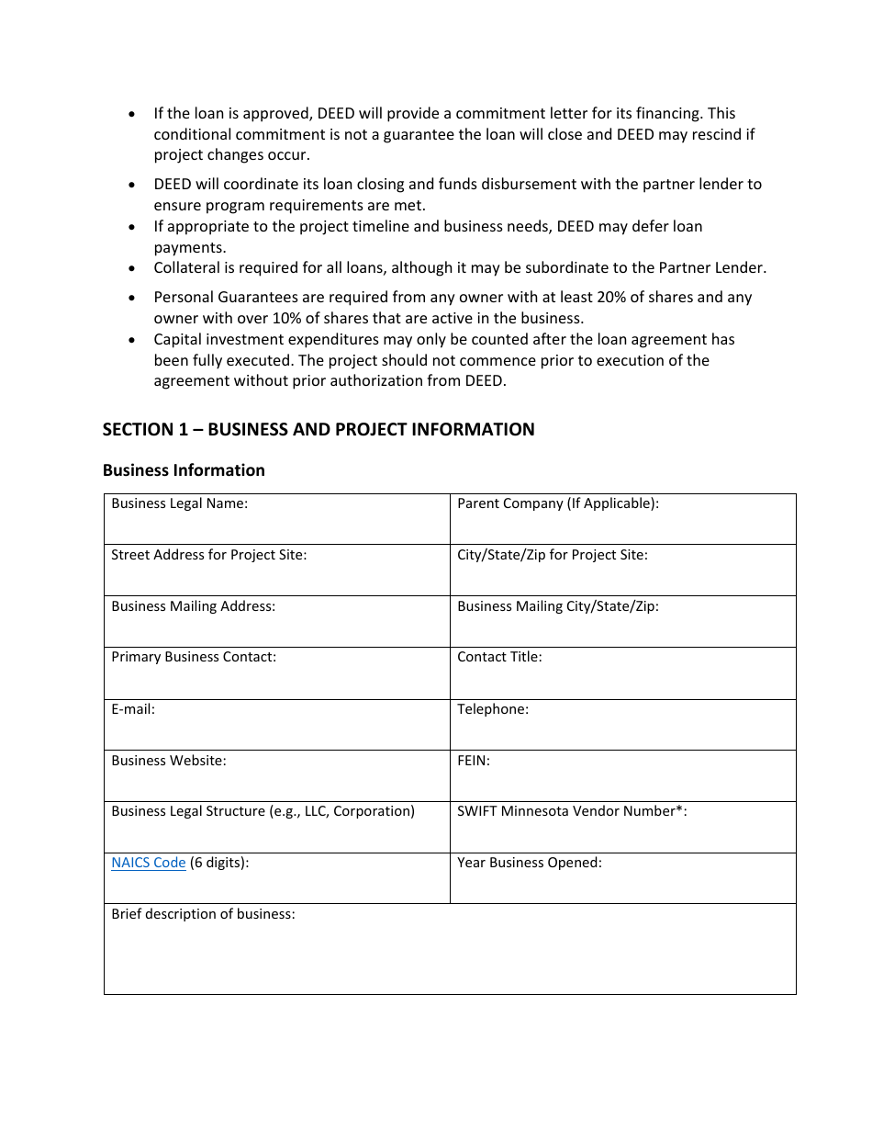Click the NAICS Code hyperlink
[x=148, y=863]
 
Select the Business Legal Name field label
[x=179, y=503]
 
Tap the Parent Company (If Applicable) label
[x=557, y=503]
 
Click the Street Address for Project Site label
[x=208, y=555]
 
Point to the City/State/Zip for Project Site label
[x=552, y=555]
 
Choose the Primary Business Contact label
[x=193, y=657]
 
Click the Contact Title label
[x=499, y=657]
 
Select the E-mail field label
[x=133, y=709]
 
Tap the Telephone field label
[x=492, y=709]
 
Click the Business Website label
[x=168, y=761]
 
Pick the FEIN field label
[x=473, y=761]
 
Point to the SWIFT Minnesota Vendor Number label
[x=571, y=811]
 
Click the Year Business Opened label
[x=529, y=863]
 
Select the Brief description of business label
[x=203, y=914]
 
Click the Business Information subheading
[x=184, y=470]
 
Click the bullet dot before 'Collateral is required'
[x=133, y=268]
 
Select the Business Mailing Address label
[x=193, y=606]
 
